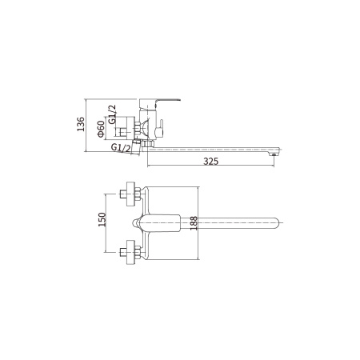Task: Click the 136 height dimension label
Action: point(81,124)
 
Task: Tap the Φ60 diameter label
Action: point(101,129)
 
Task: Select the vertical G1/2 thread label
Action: point(113,114)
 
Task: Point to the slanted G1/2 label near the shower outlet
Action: point(121,148)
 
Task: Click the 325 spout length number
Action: point(210,162)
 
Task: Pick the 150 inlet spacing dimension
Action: point(102,219)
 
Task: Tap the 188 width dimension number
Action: point(194,223)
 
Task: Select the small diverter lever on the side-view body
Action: point(160,129)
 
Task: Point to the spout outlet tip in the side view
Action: point(273,154)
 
